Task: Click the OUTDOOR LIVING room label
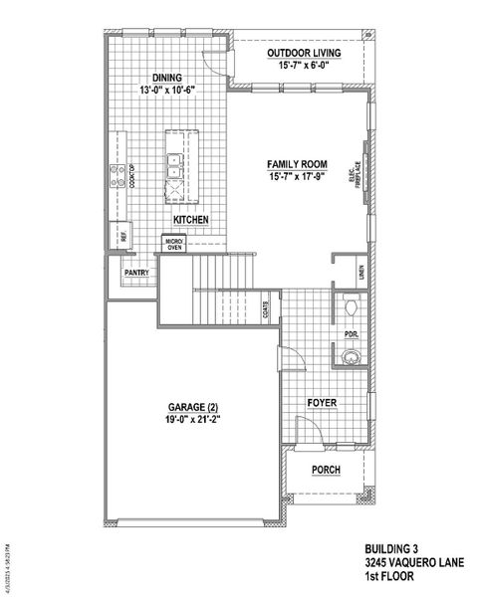[x=305, y=52]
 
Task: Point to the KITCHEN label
[x=190, y=219]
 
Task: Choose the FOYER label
[x=321, y=403]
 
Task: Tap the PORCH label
[x=326, y=470]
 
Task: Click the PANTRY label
[x=136, y=272]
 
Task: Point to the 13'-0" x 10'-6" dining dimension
[x=166, y=89]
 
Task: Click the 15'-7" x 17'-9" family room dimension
[x=297, y=176]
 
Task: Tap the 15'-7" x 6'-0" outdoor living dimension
[x=305, y=65]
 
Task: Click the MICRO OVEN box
[x=174, y=244]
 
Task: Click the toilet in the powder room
[x=350, y=304]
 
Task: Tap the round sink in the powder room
[x=350, y=357]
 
